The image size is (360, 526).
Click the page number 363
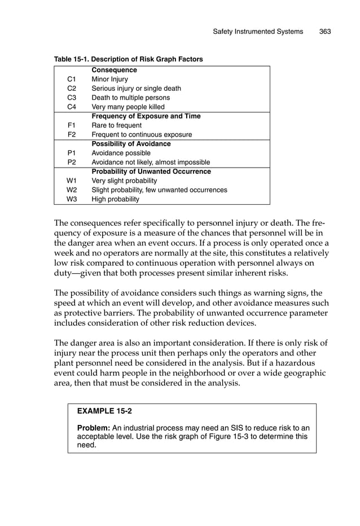(x=324, y=32)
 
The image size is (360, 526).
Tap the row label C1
(x=72, y=80)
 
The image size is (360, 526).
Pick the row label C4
(x=72, y=107)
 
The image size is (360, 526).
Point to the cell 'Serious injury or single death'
(x=136, y=89)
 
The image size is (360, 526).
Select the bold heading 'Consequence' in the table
(x=114, y=71)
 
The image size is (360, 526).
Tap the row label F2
(x=72, y=134)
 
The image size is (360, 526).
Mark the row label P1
(x=72, y=153)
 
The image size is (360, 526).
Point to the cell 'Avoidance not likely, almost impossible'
(x=151, y=162)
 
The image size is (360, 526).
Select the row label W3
(x=72, y=199)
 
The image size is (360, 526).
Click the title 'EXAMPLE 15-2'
(x=100, y=412)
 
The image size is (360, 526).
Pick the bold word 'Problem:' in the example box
(x=93, y=428)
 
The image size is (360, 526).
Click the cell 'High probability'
(x=115, y=199)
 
